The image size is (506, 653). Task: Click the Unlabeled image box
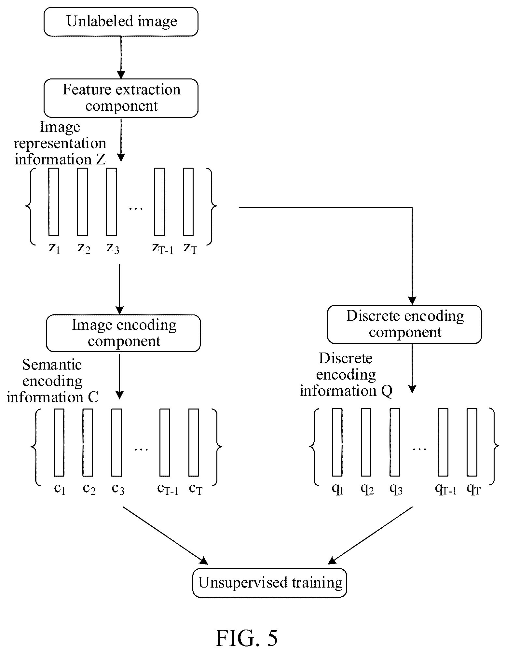[x=121, y=21]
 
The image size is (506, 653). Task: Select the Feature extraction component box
[x=121, y=98]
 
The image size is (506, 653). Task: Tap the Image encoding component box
[x=123, y=333]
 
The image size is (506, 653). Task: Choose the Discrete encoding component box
[x=404, y=324]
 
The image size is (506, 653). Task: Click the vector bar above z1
[x=54, y=201]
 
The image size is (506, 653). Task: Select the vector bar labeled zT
[x=188, y=201]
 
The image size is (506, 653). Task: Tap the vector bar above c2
[x=88, y=442]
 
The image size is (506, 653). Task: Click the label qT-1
[x=445, y=489]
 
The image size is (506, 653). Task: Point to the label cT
[x=196, y=489]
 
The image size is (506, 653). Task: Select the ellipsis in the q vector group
[x=419, y=449]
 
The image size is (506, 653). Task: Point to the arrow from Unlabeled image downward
[x=121, y=57]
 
